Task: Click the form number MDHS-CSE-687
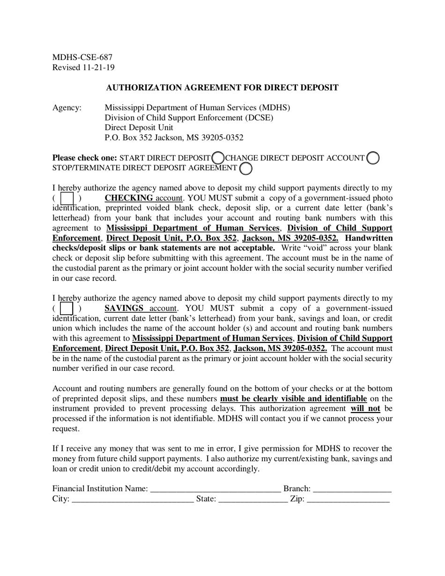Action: [82, 57]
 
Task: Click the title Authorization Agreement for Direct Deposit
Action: [222, 88]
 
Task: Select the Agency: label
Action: [67, 108]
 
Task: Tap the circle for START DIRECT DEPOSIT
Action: [218, 158]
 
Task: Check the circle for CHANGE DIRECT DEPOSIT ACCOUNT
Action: [373, 158]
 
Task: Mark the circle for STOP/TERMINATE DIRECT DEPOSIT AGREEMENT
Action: [245, 168]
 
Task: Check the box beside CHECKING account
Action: [67, 199]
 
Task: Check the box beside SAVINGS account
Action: [67, 309]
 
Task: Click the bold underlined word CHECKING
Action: [129, 198]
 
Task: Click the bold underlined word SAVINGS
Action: [124, 308]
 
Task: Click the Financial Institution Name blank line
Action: [215, 489]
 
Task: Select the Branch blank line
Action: [352, 489]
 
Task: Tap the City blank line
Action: [133, 500]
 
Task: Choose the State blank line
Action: [253, 500]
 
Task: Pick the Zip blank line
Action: [348, 500]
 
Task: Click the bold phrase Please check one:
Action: [85, 158]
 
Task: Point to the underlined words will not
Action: [365, 408]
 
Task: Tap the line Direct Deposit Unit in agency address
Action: [139, 127]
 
